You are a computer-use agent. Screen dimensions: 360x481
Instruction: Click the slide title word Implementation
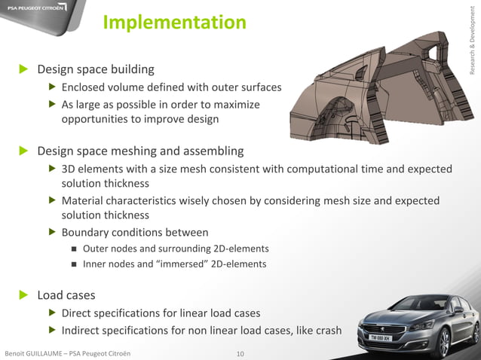pos(174,23)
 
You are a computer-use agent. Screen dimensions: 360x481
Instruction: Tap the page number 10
pos(240,353)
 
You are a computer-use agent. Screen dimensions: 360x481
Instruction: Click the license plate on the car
pos(378,339)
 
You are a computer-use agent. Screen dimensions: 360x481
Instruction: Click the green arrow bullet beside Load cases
pos(23,294)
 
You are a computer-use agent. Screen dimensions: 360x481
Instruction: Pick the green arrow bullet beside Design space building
pos(23,69)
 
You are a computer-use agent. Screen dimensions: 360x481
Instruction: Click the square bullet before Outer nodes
pos(74,249)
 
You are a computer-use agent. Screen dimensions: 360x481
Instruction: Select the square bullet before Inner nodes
pos(74,264)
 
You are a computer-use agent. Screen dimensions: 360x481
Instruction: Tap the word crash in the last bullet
pos(326,330)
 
